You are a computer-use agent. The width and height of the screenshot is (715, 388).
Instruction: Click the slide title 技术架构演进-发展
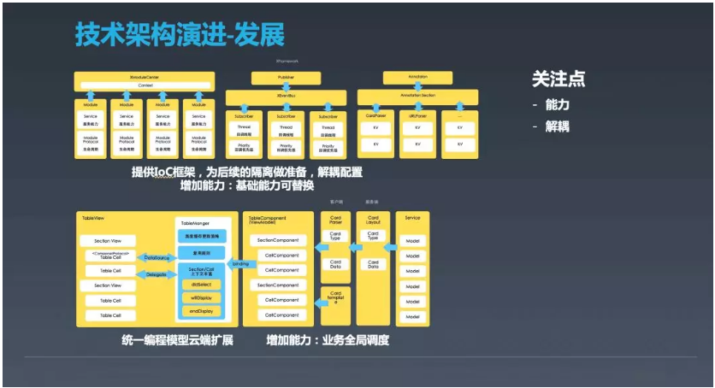coord(180,35)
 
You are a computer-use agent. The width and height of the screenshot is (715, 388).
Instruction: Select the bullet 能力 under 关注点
coord(557,104)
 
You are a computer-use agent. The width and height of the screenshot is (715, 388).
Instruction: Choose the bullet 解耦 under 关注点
coord(557,126)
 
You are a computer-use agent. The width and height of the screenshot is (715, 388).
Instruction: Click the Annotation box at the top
coord(418,78)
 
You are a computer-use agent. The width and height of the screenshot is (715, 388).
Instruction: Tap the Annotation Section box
coord(417,95)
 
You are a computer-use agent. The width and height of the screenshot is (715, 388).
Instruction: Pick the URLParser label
coord(417,113)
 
